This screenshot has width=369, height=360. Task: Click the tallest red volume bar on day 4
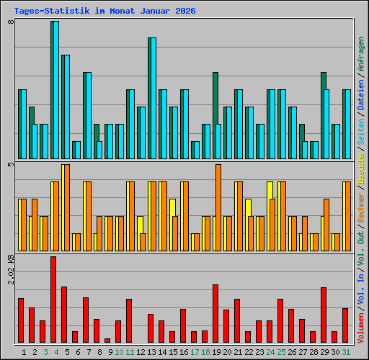[x=53, y=300]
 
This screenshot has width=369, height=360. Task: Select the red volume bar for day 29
[x=324, y=315]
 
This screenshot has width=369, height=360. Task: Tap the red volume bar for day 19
[x=215, y=313]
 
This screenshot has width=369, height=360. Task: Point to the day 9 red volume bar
[x=107, y=340]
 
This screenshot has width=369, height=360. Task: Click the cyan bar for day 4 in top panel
[x=55, y=90]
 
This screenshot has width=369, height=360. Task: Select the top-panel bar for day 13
[x=152, y=98]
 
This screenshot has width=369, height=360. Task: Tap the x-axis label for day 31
[x=346, y=352]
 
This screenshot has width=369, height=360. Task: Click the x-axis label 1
[x=24, y=352]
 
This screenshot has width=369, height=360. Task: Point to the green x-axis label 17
[x=195, y=352]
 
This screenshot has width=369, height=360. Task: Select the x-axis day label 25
[x=281, y=352]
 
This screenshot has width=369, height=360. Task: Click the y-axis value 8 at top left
[x=10, y=22]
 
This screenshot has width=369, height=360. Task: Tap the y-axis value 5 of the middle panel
[x=10, y=165]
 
